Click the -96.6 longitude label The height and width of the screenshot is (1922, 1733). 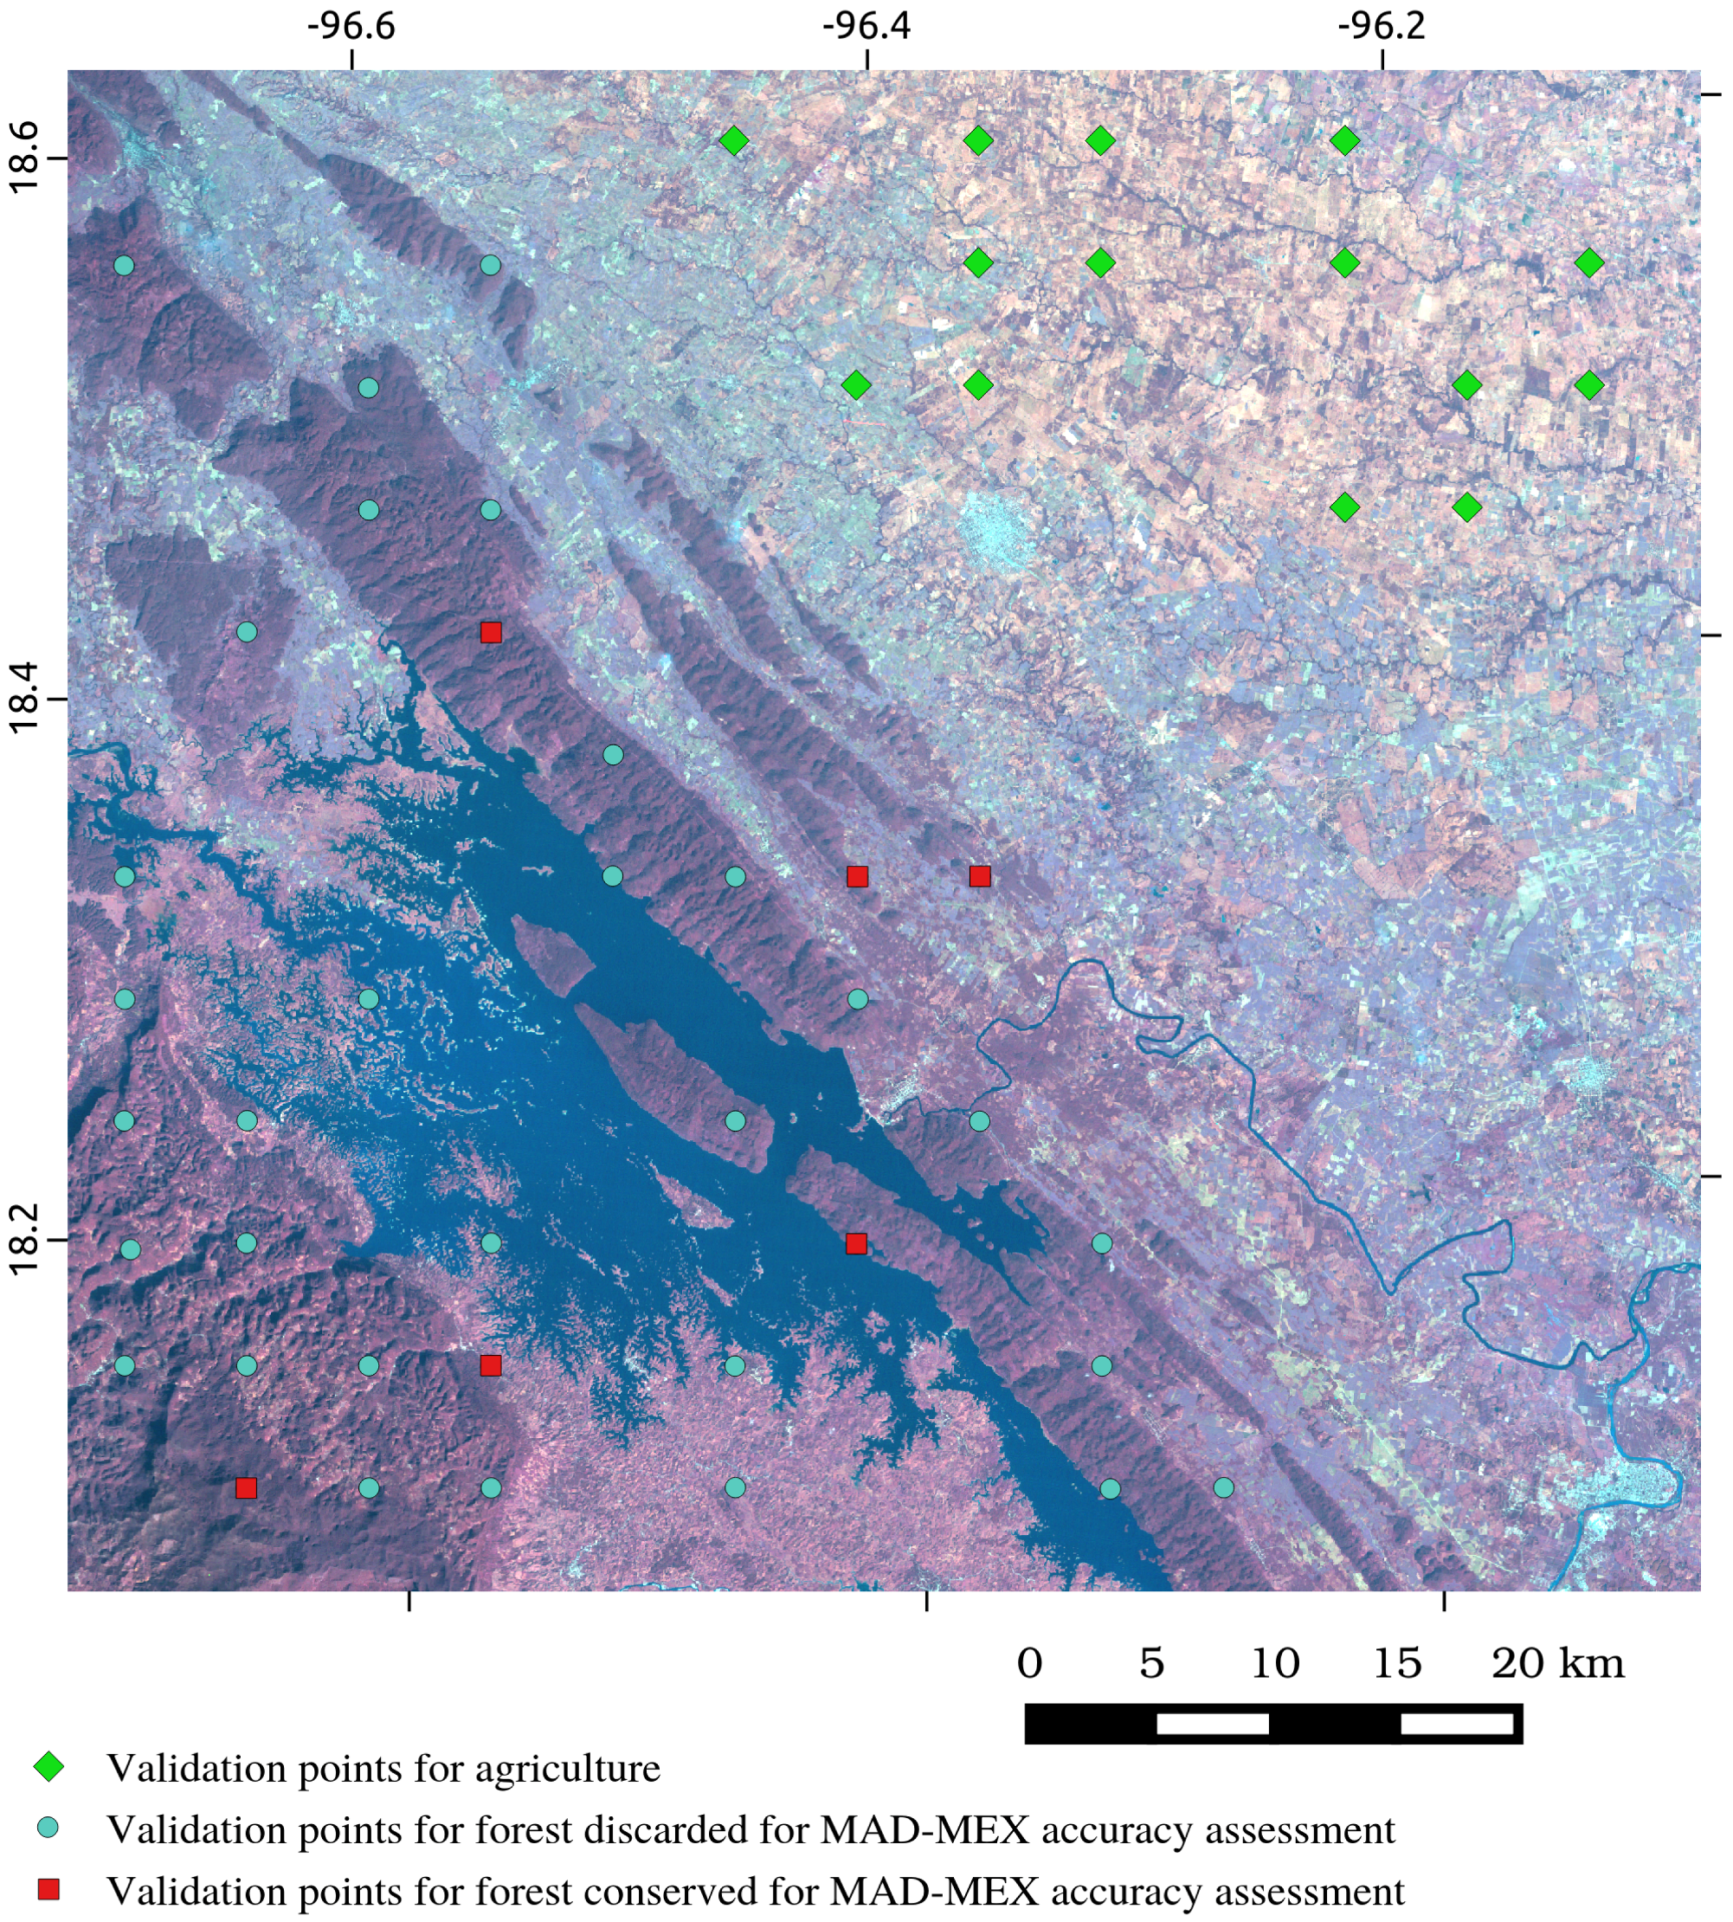(x=351, y=26)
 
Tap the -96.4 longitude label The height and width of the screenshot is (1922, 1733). (x=866, y=26)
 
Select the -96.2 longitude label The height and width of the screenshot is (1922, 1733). (x=1382, y=26)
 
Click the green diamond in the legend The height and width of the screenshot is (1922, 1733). (x=48, y=1768)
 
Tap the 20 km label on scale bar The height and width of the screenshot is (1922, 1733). (x=1558, y=1664)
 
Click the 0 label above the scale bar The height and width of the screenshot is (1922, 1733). (x=1029, y=1664)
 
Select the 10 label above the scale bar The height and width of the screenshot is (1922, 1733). (x=1275, y=1664)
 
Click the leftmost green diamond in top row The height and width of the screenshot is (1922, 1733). (x=733, y=141)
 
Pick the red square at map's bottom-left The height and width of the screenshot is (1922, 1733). (x=246, y=1487)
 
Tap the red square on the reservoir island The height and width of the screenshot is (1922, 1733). (x=856, y=1243)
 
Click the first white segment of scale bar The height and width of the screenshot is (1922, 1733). (x=1212, y=1723)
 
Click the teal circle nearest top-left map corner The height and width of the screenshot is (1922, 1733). (x=124, y=265)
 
